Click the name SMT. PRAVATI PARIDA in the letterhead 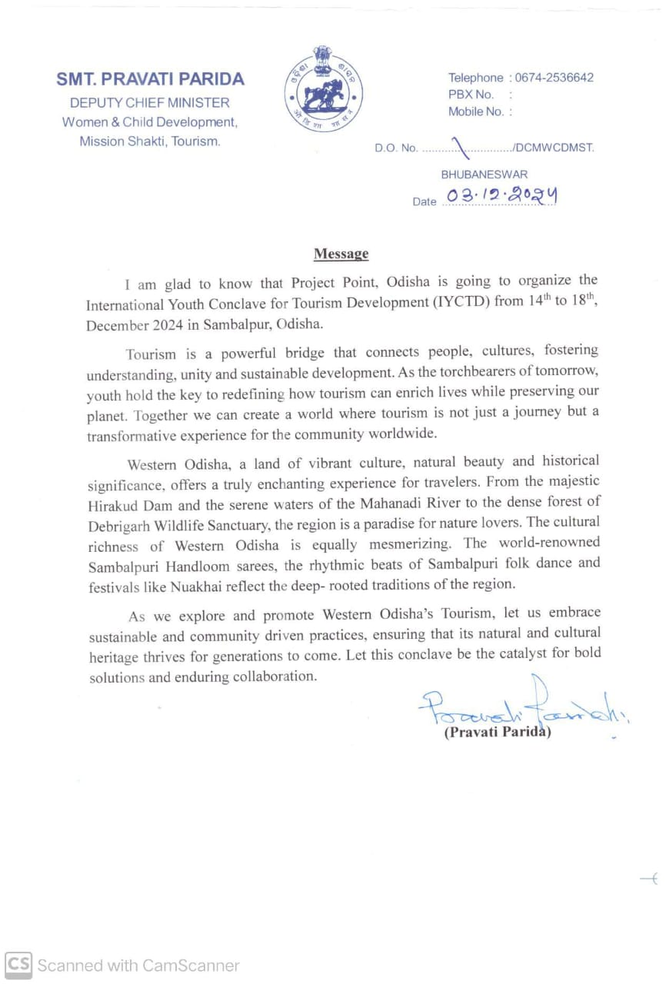click(150, 79)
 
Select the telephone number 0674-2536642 click(554, 78)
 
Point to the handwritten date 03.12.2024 click(497, 197)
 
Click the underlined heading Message click(341, 254)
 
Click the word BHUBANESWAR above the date click(484, 175)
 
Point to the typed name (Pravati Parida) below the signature click(498, 732)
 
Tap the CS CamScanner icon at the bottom click(18, 965)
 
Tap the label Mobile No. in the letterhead click(476, 111)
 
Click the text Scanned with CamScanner click(138, 966)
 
